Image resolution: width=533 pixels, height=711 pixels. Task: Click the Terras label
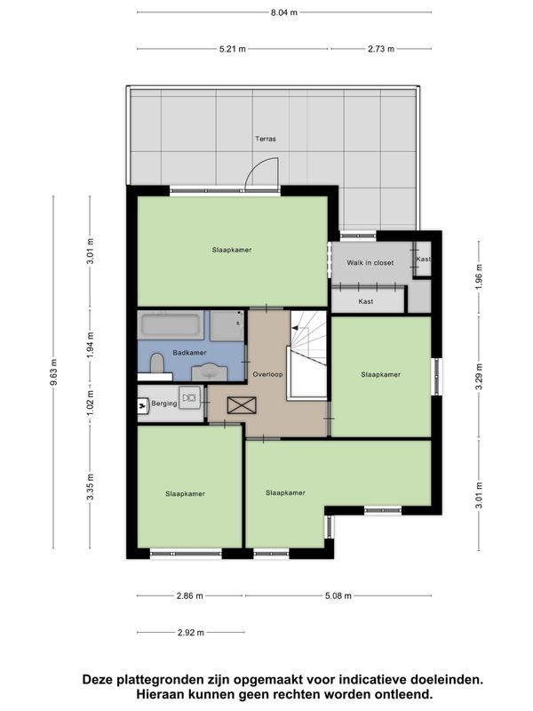click(265, 139)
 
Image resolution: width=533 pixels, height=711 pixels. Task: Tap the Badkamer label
click(189, 352)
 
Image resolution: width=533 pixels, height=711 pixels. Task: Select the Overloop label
click(267, 374)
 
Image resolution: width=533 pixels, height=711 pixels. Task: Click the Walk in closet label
click(370, 262)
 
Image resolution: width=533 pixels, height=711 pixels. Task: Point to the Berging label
click(164, 403)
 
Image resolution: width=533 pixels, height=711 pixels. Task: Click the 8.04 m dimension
click(284, 12)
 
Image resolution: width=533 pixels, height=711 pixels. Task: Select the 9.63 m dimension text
click(54, 372)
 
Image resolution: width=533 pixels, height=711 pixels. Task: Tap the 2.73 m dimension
click(381, 49)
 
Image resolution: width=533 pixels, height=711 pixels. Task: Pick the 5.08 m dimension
click(338, 595)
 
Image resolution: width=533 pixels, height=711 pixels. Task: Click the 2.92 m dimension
click(191, 633)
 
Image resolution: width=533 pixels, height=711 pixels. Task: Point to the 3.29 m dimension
click(480, 376)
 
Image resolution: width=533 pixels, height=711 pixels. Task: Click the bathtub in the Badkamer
click(169, 324)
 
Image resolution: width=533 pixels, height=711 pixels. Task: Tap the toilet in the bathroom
click(157, 363)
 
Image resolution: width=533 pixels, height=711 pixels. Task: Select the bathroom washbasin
click(210, 371)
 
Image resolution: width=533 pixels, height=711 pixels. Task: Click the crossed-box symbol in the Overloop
click(241, 405)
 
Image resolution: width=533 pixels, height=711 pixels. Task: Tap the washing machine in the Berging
click(189, 397)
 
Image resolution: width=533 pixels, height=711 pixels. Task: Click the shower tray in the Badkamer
click(227, 325)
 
